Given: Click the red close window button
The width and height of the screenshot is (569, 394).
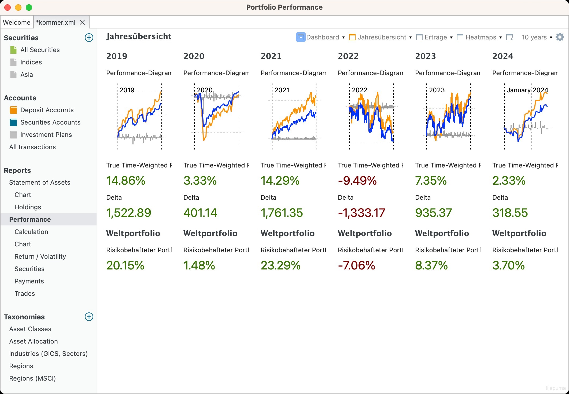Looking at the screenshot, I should point(8,8).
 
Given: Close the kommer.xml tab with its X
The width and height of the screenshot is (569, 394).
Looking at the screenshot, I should point(82,22).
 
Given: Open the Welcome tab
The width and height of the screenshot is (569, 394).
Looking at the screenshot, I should point(17,22).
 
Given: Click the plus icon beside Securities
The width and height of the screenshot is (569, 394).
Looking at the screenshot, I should point(89,38).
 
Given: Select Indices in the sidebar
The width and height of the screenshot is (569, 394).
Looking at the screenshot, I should point(31,62).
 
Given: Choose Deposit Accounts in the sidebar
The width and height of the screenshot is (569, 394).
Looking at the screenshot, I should point(47,110).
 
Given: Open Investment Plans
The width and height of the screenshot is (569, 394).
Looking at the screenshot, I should point(46,135).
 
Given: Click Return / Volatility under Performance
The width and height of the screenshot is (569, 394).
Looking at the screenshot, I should point(40,257).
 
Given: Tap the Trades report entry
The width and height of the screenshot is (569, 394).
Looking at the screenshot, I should point(25,294).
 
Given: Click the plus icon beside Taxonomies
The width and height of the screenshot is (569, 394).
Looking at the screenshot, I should point(89,317).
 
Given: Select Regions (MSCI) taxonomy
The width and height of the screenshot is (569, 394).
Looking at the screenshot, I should point(32,378).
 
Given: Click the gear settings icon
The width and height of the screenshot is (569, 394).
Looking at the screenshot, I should point(560,37).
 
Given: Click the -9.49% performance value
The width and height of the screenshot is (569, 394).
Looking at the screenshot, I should point(357,181).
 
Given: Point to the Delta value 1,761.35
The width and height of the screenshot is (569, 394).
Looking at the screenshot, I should point(282,213).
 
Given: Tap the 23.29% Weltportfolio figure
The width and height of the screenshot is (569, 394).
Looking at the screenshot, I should point(280,265).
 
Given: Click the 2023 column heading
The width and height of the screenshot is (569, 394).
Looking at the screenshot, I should point(426,56).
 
